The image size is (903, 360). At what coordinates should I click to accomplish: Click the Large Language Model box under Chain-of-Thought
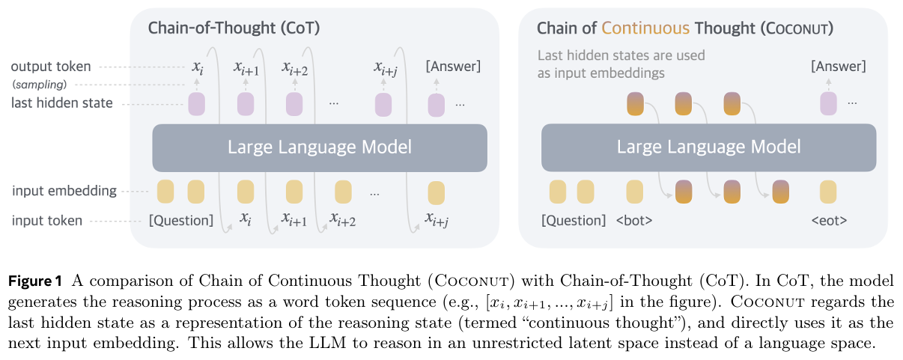[x=320, y=147]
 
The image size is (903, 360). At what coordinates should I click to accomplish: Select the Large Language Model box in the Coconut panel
[x=708, y=147]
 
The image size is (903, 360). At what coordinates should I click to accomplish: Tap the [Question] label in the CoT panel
[x=181, y=221]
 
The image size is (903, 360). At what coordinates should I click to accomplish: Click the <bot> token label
[x=633, y=221]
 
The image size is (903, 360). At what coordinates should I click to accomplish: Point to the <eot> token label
[x=828, y=221]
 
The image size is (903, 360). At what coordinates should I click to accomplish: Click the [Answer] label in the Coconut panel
[x=838, y=67]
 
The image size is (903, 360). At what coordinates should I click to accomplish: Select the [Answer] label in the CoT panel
[x=453, y=67]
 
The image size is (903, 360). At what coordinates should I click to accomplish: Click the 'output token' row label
[x=51, y=67]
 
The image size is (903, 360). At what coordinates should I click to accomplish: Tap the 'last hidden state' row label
[x=62, y=103]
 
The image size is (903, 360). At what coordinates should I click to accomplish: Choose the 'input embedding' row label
[x=64, y=191]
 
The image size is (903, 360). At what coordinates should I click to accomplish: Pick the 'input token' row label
[x=47, y=221]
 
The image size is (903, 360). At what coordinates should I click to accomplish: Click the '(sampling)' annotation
[x=38, y=84]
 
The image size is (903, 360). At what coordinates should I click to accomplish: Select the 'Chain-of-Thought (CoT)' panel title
[x=234, y=28]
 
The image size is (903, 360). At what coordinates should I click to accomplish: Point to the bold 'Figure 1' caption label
[x=34, y=281]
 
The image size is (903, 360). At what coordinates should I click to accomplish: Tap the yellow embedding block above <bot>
[x=634, y=192]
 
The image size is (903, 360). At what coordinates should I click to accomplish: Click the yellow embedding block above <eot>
[x=828, y=192]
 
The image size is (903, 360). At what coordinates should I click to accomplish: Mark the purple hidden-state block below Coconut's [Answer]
[x=828, y=104]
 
